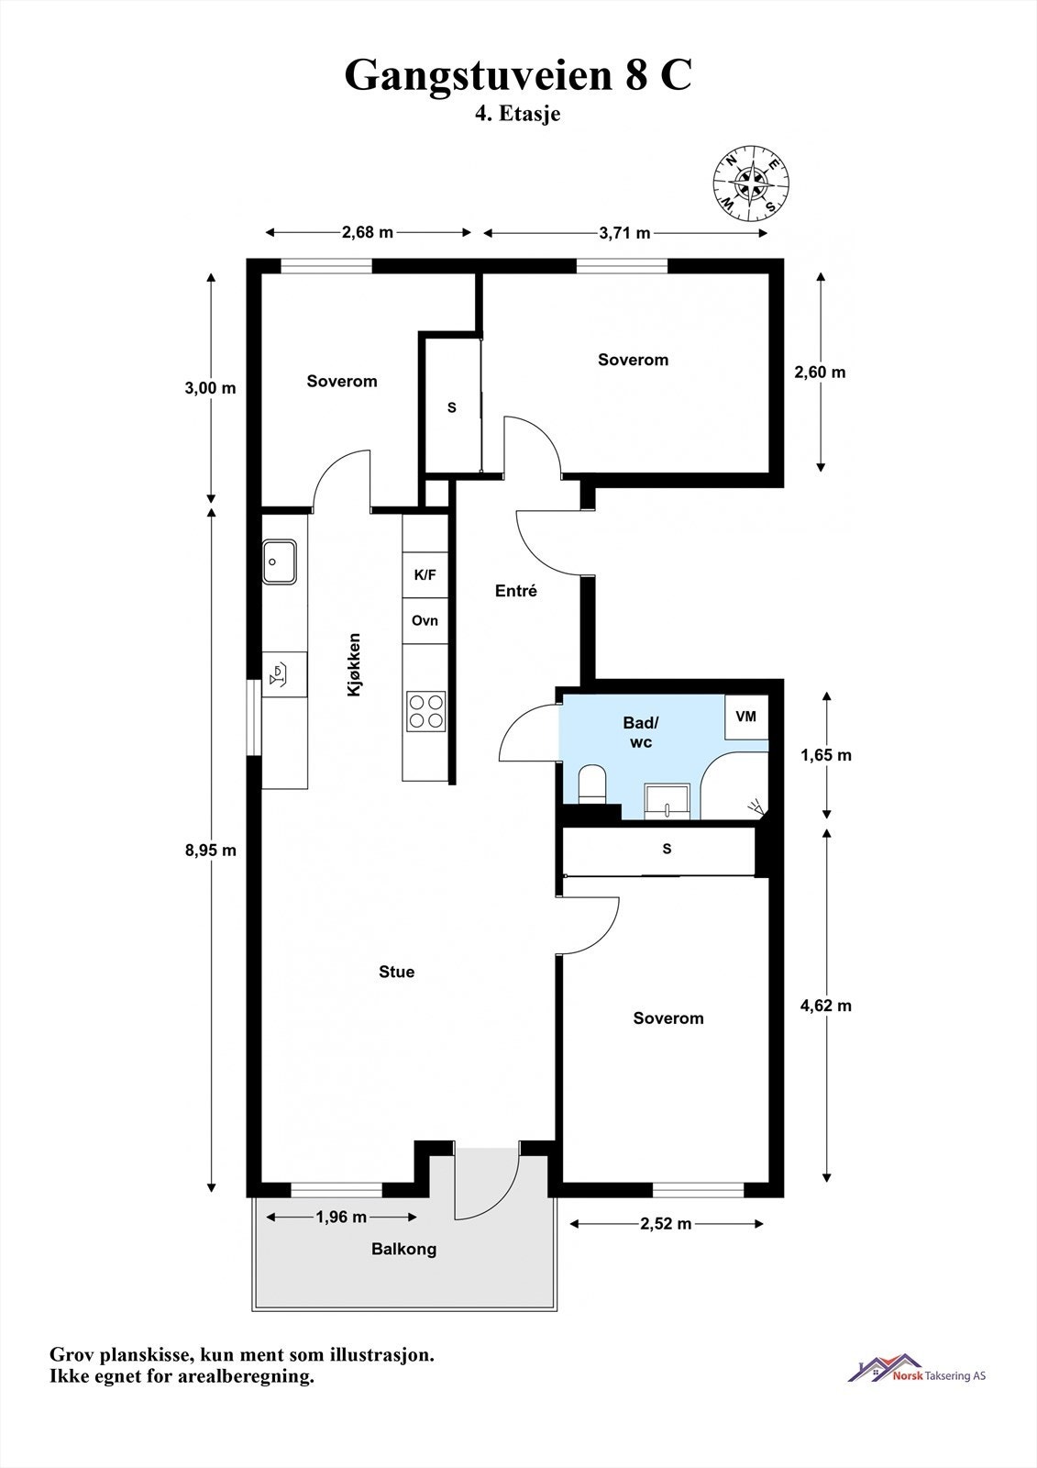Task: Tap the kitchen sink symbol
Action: (x=279, y=561)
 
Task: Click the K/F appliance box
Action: (x=425, y=575)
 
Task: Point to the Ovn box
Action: (x=425, y=621)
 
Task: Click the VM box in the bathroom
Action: (x=746, y=717)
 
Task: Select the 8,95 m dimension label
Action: (x=211, y=850)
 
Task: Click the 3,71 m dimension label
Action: (x=624, y=233)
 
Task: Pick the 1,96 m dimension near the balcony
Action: (x=341, y=1217)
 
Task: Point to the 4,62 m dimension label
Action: (x=826, y=1006)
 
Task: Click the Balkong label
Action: (x=403, y=1249)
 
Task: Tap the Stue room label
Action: (x=396, y=972)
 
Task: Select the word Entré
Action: (x=515, y=591)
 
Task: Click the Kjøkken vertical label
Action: (x=354, y=665)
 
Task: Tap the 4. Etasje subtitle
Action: (x=518, y=115)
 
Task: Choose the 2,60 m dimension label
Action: (x=820, y=372)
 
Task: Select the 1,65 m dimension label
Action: (x=826, y=755)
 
